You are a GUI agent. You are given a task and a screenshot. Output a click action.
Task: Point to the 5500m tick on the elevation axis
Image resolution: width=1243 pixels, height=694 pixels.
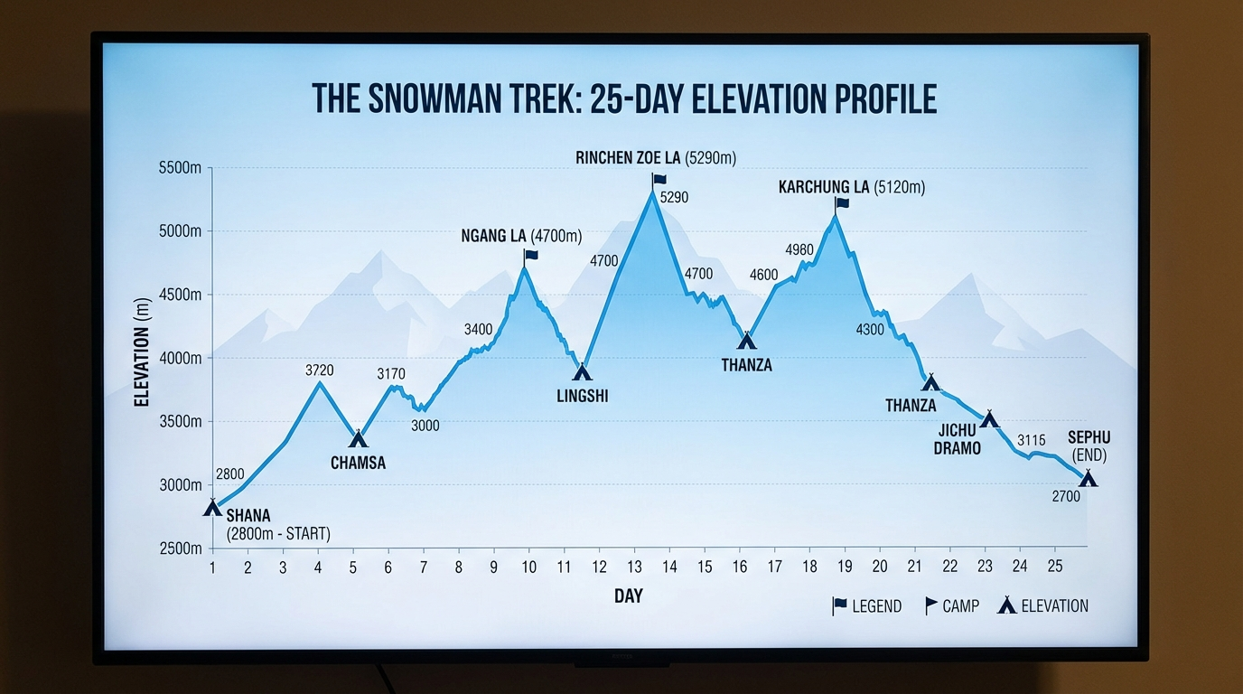(x=181, y=168)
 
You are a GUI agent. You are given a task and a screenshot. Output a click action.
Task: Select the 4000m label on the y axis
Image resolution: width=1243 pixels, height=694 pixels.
(x=181, y=359)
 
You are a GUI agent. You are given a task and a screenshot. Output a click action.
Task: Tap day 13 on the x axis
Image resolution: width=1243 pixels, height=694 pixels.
(x=634, y=567)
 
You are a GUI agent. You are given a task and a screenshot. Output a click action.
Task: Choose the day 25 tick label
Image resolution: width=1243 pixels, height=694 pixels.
(x=1054, y=567)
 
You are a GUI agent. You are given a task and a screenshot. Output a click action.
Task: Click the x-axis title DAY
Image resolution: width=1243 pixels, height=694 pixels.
(x=629, y=596)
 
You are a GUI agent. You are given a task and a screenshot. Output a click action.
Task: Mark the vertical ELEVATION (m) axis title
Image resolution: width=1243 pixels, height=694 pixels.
(x=142, y=352)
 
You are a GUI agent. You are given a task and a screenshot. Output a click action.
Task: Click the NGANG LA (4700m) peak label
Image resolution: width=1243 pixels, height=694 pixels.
(x=521, y=237)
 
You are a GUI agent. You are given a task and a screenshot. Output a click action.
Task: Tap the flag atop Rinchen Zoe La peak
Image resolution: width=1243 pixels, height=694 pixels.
(x=659, y=180)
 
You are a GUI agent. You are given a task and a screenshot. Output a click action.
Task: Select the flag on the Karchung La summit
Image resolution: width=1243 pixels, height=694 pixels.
(x=842, y=203)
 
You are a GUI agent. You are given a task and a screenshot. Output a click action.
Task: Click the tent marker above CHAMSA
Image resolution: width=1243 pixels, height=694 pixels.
(x=359, y=439)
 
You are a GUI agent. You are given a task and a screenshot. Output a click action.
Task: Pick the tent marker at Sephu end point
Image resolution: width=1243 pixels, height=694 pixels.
(x=1088, y=478)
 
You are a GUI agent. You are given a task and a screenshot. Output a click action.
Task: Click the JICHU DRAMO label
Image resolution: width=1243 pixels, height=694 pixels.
(x=959, y=438)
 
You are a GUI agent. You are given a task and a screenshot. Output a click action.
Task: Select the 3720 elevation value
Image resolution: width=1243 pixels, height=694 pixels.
(x=320, y=370)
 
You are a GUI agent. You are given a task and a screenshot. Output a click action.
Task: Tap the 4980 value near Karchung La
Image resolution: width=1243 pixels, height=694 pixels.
(x=799, y=249)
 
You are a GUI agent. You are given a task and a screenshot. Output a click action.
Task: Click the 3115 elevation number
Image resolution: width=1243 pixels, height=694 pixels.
(x=1031, y=440)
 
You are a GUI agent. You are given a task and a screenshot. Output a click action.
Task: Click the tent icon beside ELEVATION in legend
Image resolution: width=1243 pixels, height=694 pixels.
(x=1006, y=605)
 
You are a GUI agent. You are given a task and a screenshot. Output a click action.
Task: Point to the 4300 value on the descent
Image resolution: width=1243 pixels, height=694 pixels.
(x=870, y=330)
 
